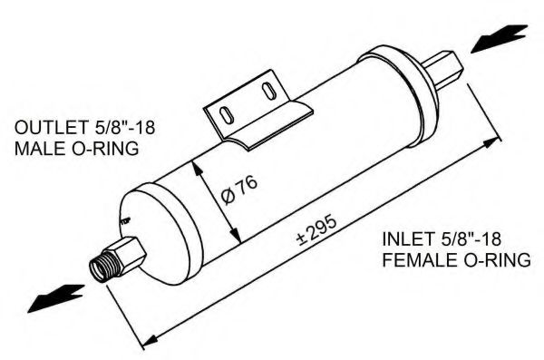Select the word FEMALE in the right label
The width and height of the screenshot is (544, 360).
tap(418, 261)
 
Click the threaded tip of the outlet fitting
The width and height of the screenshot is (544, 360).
tap(100, 266)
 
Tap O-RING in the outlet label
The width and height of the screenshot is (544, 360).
tap(103, 149)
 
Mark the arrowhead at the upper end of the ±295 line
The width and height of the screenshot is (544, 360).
tap(494, 143)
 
